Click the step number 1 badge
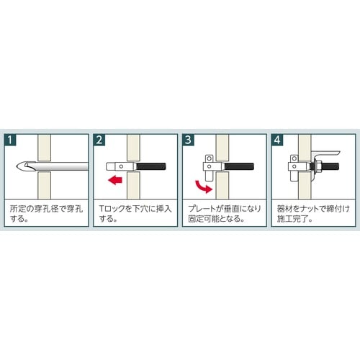pyautogui.click(x=10, y=140)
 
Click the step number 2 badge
pyautogui.click(x=99, y=140)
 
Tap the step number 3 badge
pyautogui.click(x=188, y=140)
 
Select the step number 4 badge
pyautogui.click(x=277, y=140)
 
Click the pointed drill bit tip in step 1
pyautogui.click(x=17, y=166)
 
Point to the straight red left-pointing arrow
pyautogui.click(x=115, y=180)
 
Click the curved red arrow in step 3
pyautogui.click(x=204, y=186)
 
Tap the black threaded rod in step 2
pyautogui.click(x=151, y=166)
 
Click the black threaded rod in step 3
pyautogui.click(x=239, y=166)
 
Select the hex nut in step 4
pyautogui.click(x=317, y=166)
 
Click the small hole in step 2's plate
pyautogui.click(x=121, y=166)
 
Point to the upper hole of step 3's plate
pyautogui.click(x=210, y=158)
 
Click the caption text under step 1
pyautogui.click(x=46, y=214)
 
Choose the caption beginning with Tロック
pyautogui.click(x=135, y=214)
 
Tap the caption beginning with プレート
pyautogui.click(x=225, y=214)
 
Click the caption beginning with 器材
pyautogui.click(x=313, y=214)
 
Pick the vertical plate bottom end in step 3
pyautogui.click(x=209, y=181)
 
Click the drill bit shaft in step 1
pyautogui.click(x=62, y=166)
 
